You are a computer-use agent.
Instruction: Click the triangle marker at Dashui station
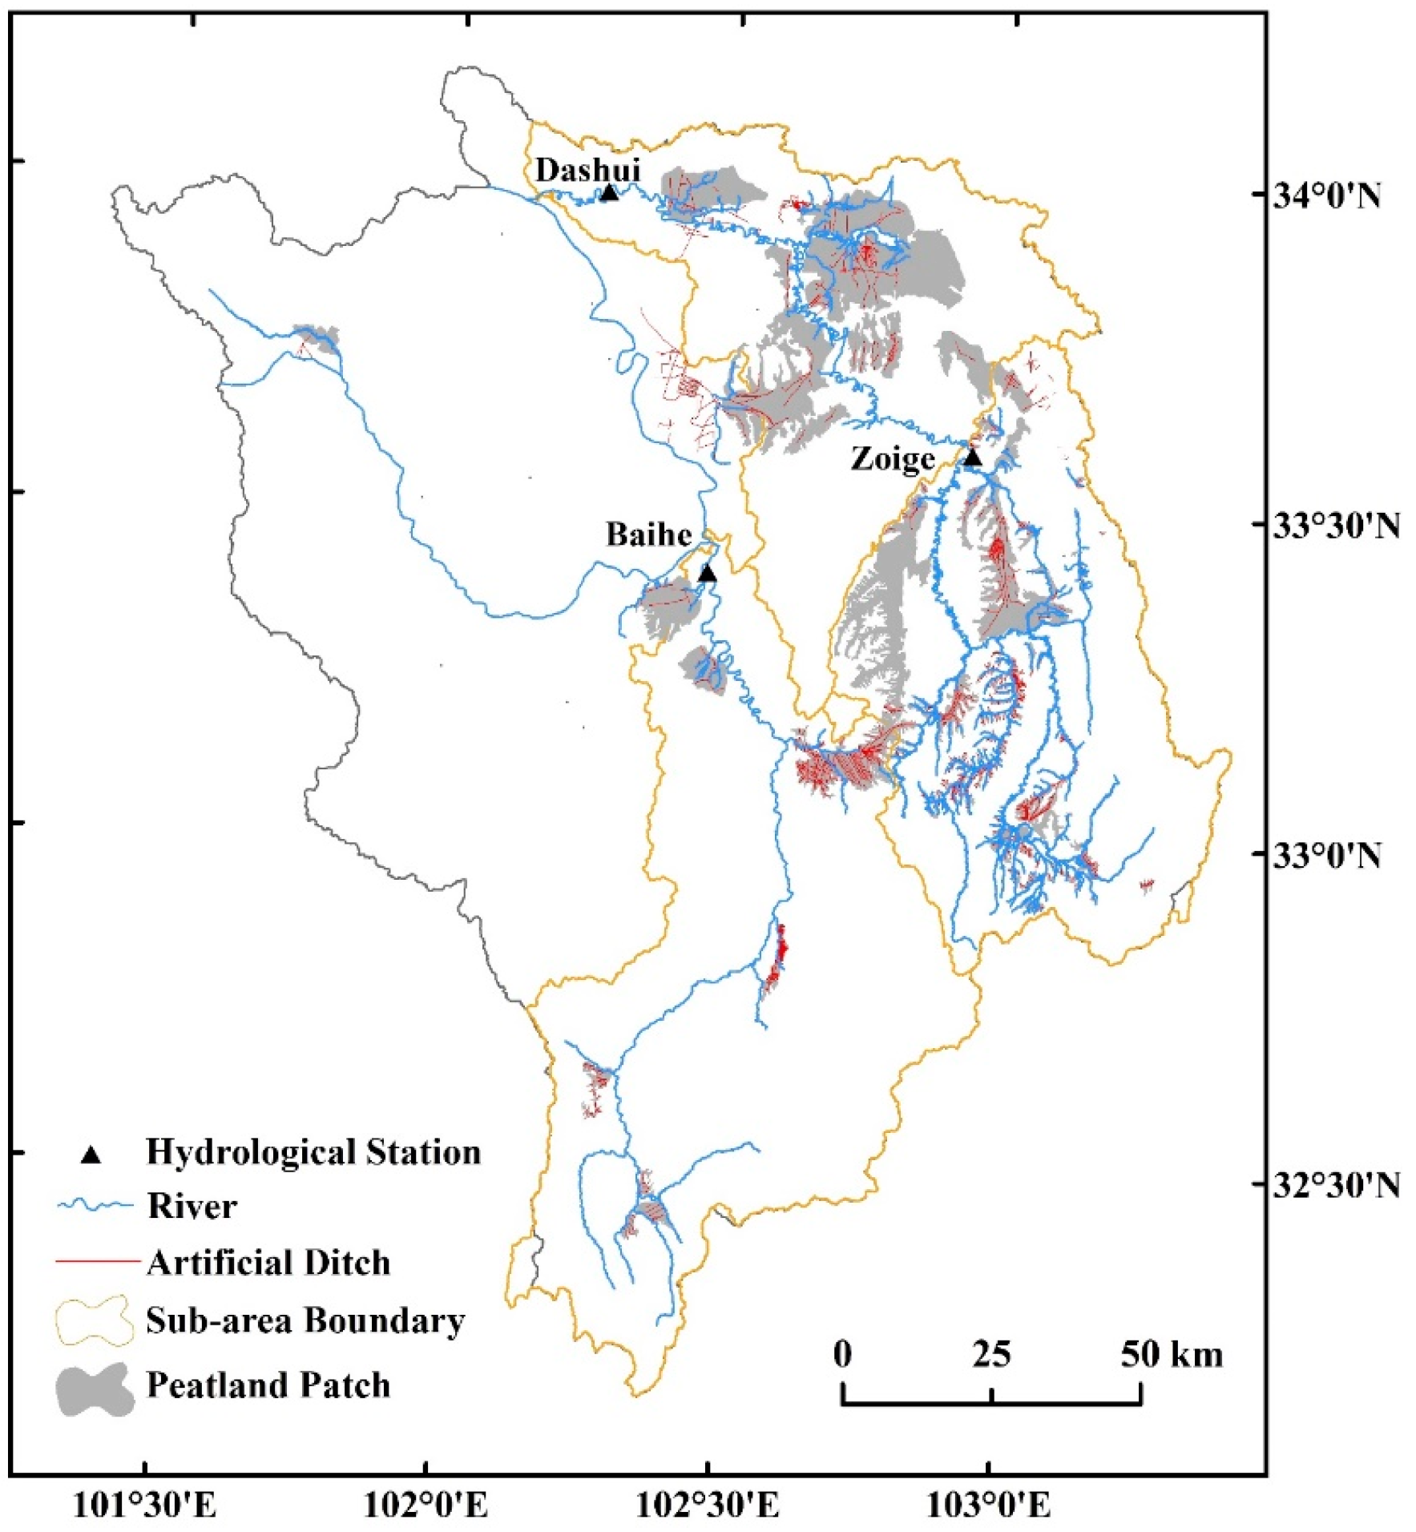coord(609,192)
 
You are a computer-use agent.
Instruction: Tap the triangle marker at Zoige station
coord(972,458)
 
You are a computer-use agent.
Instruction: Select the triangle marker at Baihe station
coord(707,574)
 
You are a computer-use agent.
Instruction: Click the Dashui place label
coord(587,170)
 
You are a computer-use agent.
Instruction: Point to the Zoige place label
coord(892,459)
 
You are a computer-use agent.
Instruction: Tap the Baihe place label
coord(648,534)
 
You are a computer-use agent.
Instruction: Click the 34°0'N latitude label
coord(1337,195)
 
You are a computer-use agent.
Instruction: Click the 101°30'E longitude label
coord(145,1506)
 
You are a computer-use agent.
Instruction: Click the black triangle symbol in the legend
coord(91,1155)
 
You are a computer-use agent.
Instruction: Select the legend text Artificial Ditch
coord(268,1263)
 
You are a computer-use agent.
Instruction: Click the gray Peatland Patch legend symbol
coord(95,1389)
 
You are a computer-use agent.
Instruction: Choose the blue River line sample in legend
coord(94,1206)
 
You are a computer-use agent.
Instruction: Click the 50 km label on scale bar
coord(1171,1354)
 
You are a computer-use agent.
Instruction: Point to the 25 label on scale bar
coord(991,1354)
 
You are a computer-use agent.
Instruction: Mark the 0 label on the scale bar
coord(842,1354)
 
